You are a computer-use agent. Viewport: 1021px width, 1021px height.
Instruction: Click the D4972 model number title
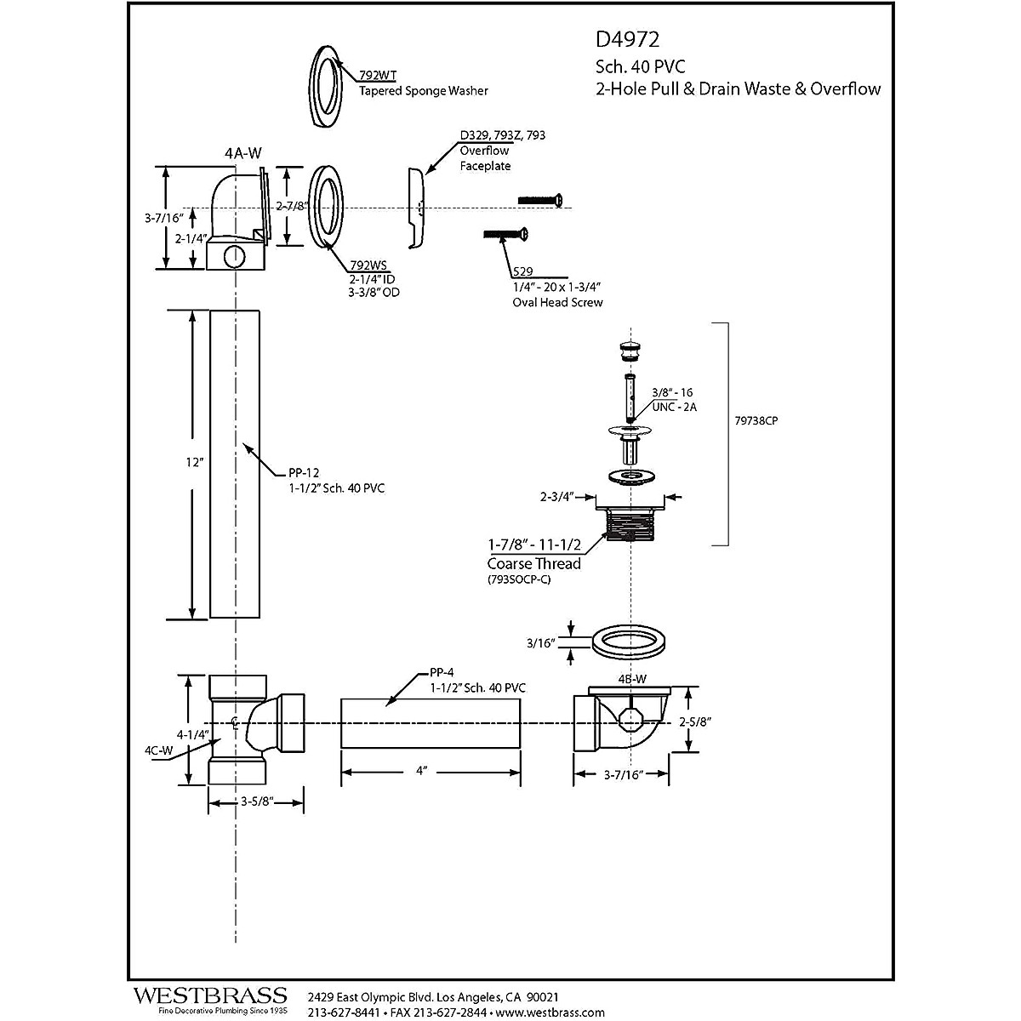click(627, 39)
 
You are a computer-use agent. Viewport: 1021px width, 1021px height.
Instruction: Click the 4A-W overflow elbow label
click(242, 153)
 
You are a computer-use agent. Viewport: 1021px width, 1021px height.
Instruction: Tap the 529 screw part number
click(523, 272)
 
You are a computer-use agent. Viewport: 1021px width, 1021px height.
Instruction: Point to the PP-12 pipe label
click(303, 473)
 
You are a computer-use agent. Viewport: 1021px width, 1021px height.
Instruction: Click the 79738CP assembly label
click(758, 420)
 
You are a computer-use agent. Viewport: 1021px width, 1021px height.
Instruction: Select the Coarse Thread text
click(533, 563)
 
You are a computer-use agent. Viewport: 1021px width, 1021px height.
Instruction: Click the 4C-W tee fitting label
click(158, 750)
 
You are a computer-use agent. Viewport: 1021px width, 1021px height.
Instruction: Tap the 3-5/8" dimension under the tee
click(256, 801)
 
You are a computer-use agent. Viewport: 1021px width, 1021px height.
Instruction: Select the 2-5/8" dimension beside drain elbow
click(695, 722)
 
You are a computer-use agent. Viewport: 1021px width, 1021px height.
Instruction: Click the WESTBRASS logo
click(209, 996)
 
